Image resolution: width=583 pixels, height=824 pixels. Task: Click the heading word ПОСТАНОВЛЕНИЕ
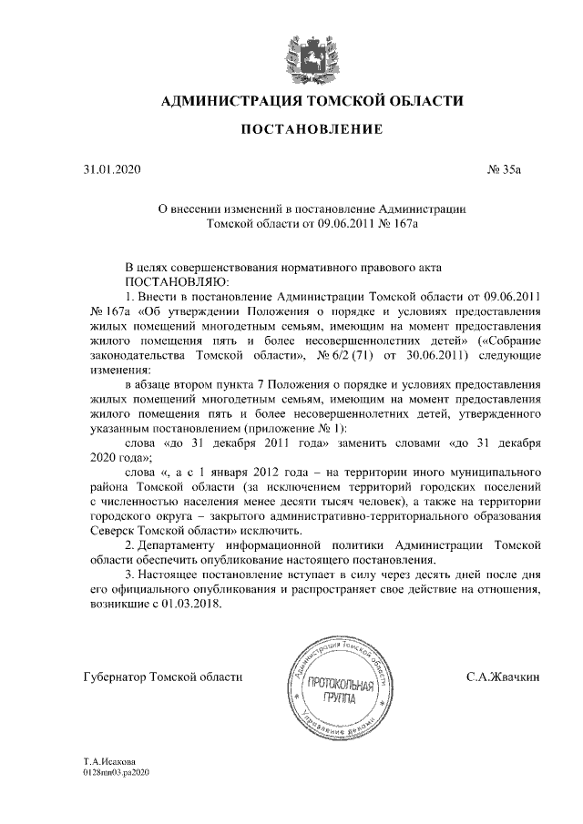(311, 132)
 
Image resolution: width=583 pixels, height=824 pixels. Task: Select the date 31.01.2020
(107, 169)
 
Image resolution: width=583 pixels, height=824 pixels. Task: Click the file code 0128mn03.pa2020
(116, 771)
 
